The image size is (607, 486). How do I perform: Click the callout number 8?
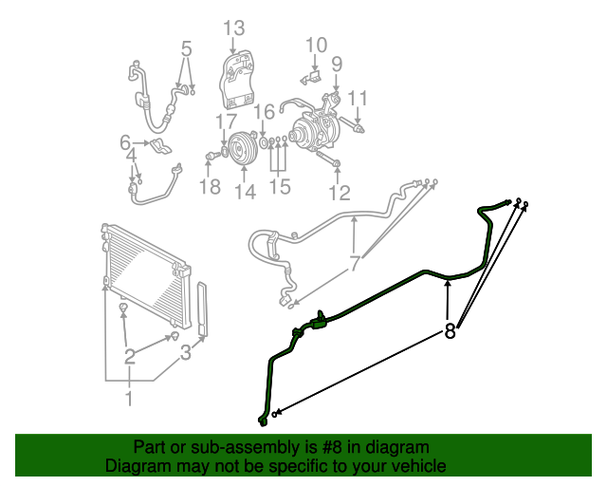[451, 331]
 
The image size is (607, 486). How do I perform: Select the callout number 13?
[233, 28]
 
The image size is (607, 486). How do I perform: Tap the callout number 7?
[354, 264]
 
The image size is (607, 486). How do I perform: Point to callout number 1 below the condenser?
[129, 398]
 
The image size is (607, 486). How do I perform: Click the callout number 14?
[245, 192]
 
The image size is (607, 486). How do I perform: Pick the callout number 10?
[316, 45]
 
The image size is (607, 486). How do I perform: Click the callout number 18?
[209, 186]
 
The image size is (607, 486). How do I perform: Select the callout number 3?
[187, 353]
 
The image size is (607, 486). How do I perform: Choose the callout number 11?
[357, 98]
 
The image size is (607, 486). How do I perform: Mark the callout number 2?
[129, 357]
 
